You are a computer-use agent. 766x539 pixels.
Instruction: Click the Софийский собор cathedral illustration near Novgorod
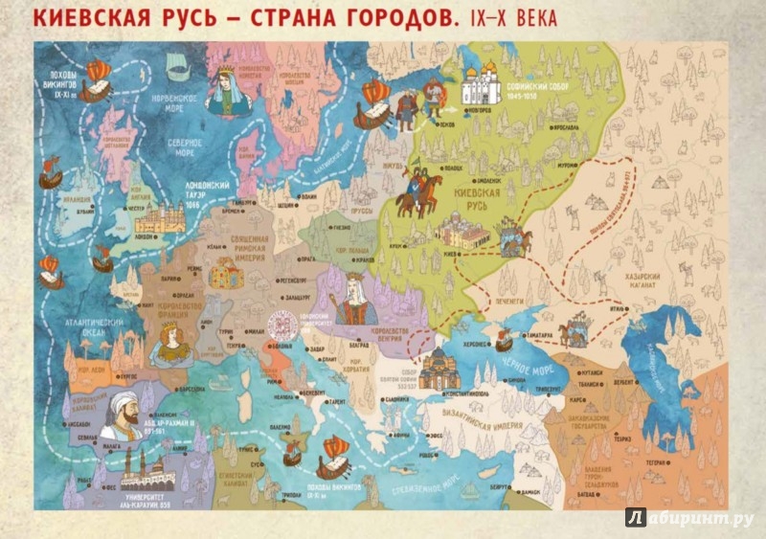click(482, 85)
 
